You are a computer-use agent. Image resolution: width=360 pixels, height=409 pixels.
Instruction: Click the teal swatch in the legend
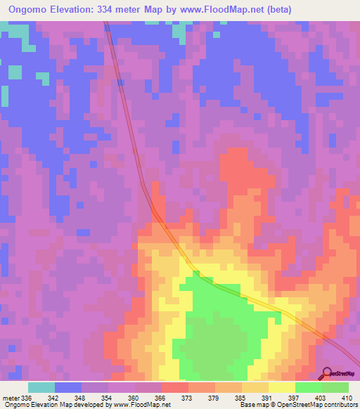coord(41,388)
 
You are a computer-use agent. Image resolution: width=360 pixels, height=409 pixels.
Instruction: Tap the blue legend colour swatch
coord(68,388)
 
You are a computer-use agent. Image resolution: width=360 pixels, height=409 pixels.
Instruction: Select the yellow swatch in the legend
coord(282,388)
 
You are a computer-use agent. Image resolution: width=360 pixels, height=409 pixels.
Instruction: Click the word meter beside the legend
coord(11,398)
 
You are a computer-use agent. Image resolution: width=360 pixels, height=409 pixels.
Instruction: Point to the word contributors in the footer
coord(339,405)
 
